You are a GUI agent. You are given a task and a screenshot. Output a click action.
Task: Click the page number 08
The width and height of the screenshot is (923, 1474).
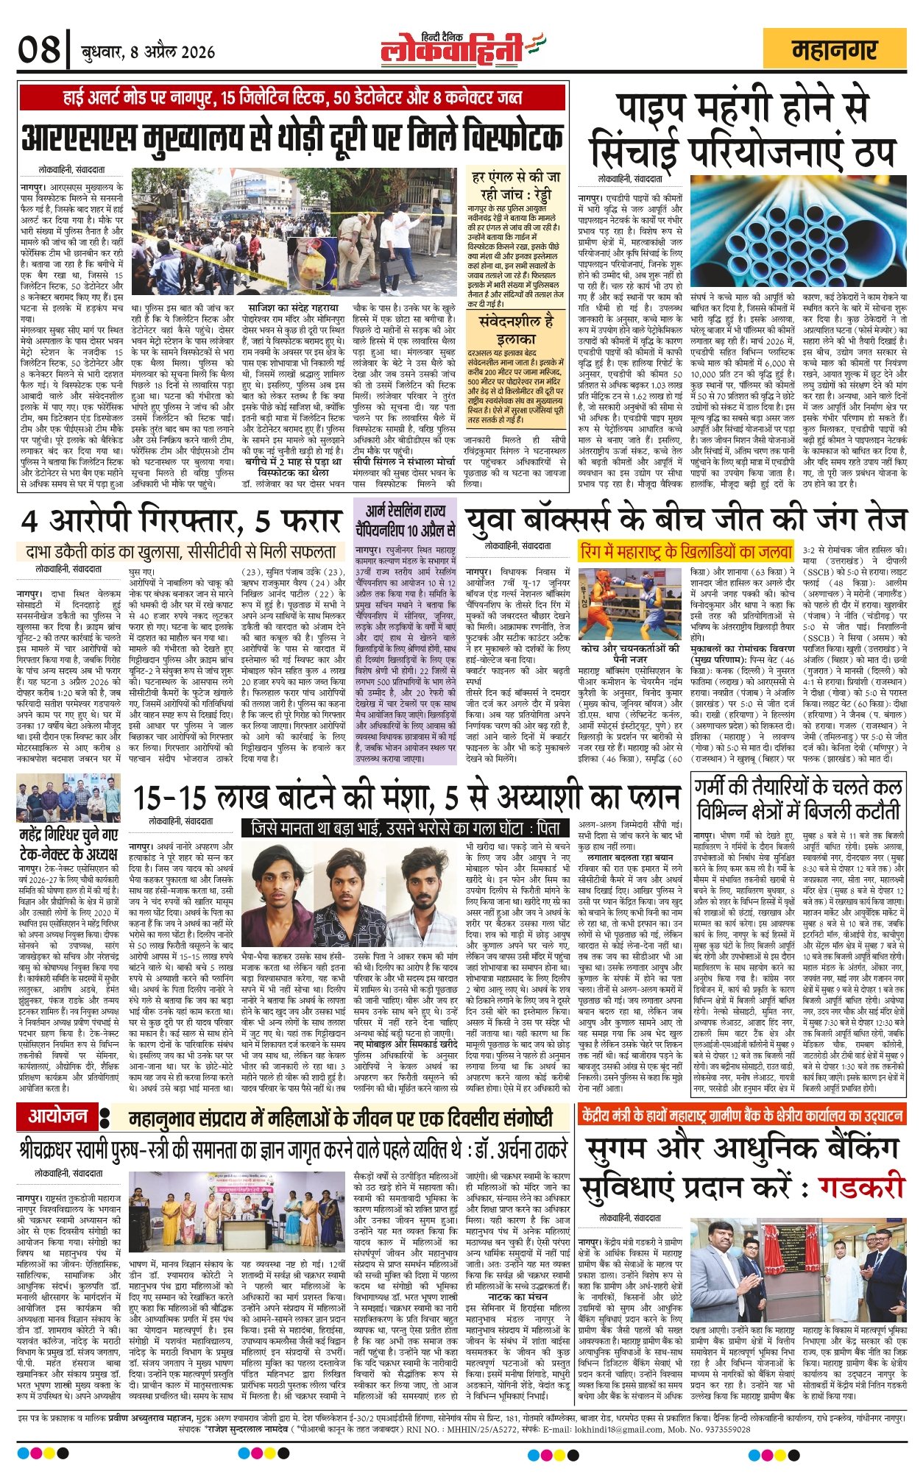[x=38, y=51]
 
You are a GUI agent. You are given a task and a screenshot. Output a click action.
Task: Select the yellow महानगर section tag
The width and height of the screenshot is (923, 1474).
[x=835, y=50]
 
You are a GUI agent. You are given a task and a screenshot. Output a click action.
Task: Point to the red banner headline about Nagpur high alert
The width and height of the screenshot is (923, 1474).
[x=293, y=97]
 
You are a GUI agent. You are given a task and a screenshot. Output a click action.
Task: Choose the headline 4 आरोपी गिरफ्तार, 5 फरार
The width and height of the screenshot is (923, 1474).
[x=181, y=521]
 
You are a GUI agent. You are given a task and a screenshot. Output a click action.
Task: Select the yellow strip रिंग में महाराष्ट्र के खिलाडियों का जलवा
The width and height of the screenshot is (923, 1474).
[x=686, y=551]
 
